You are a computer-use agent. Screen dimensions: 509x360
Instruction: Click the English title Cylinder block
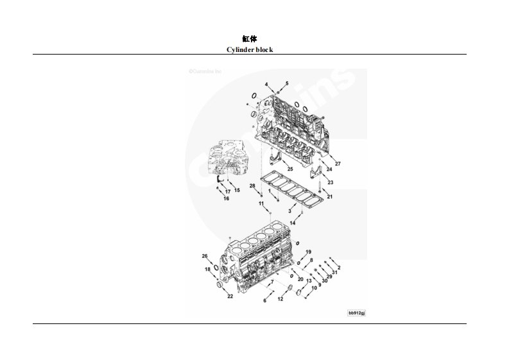pyautogui.click(x=250, y=49)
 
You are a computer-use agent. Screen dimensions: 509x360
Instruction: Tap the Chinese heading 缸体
pyautogui.click(x=250, y=39)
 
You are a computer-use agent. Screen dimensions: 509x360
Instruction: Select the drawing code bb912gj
pyautogui.click(x=356, y=313)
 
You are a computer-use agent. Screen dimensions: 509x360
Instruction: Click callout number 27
pyautogui.click(x=266, y=85)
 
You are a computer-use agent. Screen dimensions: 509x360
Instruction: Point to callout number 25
pyautogui.click(x=287, y=83)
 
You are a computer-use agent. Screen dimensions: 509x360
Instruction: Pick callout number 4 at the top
pyautogui.click(x=264, y=300)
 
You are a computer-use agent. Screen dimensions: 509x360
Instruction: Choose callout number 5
pyautogui.click(x=287, y=83)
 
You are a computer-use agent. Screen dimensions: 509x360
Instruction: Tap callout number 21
pyautogui.click(x=330, y=196)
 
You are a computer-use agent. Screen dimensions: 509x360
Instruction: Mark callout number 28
pyautogui.click(x=252, y=186)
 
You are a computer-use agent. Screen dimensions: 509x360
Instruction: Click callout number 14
pyautogui.click(x=293, y=222)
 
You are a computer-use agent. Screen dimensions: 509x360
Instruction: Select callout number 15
pyautogui.click(x=237, y=190)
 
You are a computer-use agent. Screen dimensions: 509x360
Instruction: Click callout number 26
pyautogui.click(x=205, y=256)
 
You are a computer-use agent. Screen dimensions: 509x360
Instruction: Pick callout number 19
pyautogui.click(x=308, y=252)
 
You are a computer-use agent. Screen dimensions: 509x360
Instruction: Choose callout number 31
pyautogui.click(x=334, y=272)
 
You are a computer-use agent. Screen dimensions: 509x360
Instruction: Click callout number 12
pyautogui.click(x=280, y=299)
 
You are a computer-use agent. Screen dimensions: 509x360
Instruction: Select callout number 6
pyautogui.click(x=264, y=300)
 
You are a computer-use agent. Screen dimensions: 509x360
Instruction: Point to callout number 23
pyautogui.click(x=331, y=182)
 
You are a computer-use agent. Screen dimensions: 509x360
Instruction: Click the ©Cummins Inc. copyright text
pyautogui.click(x=205, y=73)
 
